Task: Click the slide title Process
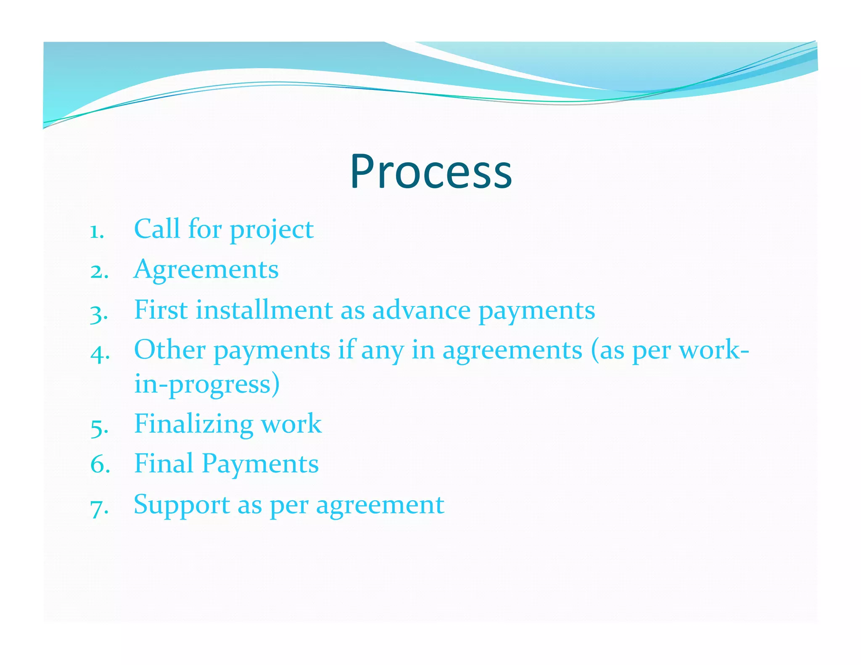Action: [x=431, y=172]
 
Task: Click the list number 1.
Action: [x=97, y=232]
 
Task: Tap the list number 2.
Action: [x=99, y=271]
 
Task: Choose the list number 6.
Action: [x=100, y=465]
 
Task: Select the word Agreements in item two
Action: [x=206, y=269]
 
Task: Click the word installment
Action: [x=264, y=310]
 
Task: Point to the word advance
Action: [x=421, y=310]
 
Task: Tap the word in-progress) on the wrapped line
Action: [x=207, y=384]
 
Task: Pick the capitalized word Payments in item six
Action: [x=260, y=464]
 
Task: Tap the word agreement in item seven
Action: [x=380, y=505]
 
